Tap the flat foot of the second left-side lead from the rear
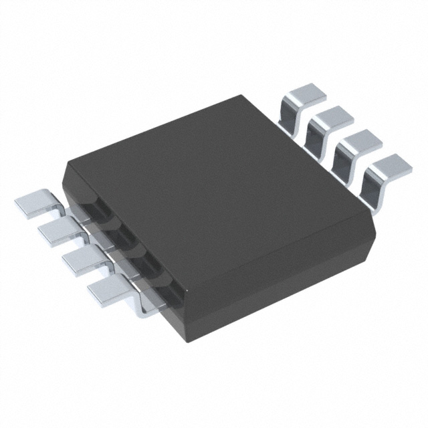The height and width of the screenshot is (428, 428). coord(56,231)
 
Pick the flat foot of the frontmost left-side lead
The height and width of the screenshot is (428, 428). coord(107,290)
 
